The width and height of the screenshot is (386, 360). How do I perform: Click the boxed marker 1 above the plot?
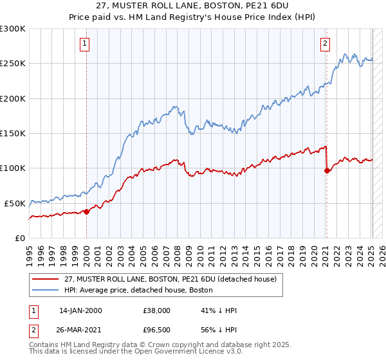click(x=85, y=44)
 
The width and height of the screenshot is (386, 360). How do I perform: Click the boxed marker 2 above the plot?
click(x=325, y=44)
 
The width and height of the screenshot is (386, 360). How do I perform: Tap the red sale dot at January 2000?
click(x=87, y=212)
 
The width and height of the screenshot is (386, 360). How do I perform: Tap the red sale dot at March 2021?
click(x=327, y=170)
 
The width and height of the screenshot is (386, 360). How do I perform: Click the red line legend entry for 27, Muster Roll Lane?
click(x=170, y=279)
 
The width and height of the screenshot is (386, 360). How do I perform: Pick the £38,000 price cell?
click(x=156, y=310)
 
